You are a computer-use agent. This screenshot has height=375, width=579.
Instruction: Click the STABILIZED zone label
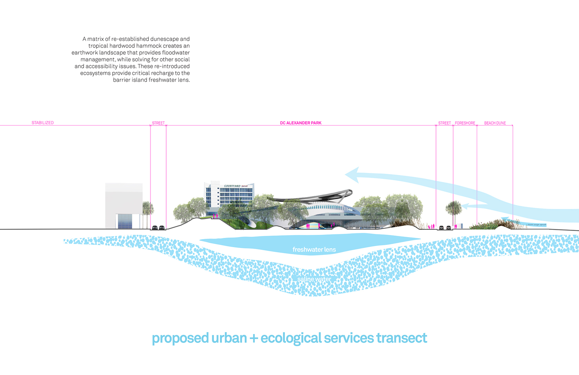pyautogui.click(x=42, y=123)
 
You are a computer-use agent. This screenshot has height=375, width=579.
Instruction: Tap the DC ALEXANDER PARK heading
pyautogui.click(x=301, y=123)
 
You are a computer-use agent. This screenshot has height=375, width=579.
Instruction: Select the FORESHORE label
pyautogui.click(x=465, y=123)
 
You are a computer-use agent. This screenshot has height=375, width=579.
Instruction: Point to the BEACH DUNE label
pyautogui.click(x=495, y=123)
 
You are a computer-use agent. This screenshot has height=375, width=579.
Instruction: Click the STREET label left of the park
pyautogui.click(x=158, y=123)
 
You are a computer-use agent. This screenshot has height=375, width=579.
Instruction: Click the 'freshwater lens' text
pyautogui.click(x=314, y=249)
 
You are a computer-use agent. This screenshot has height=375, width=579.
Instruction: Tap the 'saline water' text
pyautogui.click(x=314, y=279)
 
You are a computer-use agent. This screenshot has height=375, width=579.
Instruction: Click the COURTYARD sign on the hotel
pyautogui.click(x=233, y=186)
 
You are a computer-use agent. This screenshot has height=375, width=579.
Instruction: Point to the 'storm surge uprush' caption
pyautogui.click(x=537, y=224)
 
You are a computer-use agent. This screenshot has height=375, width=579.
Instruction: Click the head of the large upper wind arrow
pyautogui.click(x=352, y=175)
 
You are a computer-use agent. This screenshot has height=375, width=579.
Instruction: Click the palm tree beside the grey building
pyautogui.click(x=147, y=210)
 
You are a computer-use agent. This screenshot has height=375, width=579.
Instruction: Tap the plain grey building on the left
pyautogui.click(x=124, y=205)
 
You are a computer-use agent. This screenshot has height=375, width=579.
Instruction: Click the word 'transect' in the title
pyautogui.click(x=401, y=338)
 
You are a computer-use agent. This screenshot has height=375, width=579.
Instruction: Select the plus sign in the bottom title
pyautogui.click(x=254, y=339)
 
